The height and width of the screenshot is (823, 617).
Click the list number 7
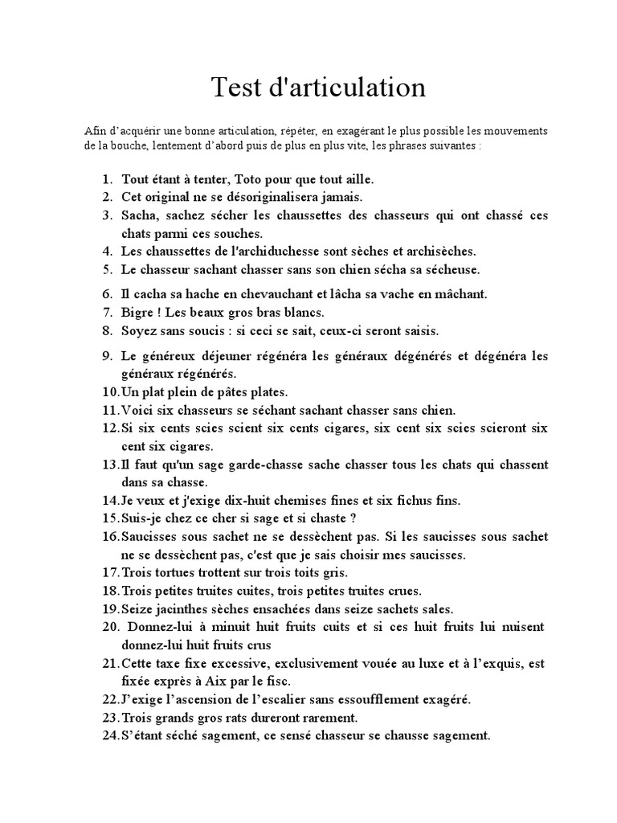tap(107, 313)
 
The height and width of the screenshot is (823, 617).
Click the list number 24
tap(110, 735)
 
